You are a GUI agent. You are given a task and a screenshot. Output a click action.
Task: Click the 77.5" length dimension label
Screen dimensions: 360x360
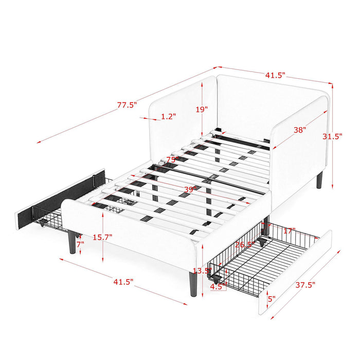click(x=127, y=105)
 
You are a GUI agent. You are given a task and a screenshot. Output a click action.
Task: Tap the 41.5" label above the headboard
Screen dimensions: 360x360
click(x=275, y=75)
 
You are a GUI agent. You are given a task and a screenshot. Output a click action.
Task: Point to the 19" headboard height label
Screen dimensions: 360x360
click(x=202, y=110)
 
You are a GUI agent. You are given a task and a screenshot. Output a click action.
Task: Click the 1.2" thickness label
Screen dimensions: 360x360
click(x=168, y=117)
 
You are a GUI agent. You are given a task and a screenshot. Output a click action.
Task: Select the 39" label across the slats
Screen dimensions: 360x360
click(x=191, y=190)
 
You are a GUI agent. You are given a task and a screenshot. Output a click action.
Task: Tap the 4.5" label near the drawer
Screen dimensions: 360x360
click(x=219, y=287)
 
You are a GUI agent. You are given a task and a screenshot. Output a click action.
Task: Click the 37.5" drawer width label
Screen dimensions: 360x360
click(x=305, y=283)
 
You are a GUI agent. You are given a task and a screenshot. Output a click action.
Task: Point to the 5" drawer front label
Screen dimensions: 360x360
click(x=272, y=298)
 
